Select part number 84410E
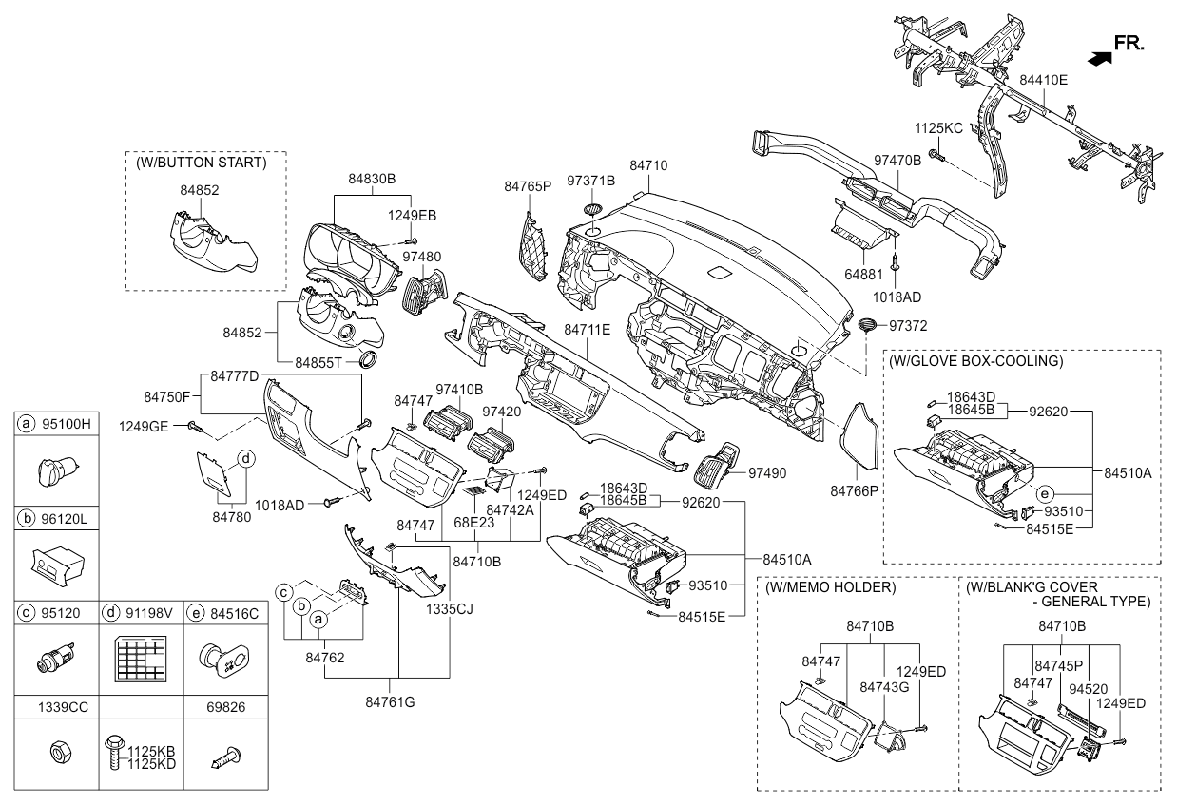(x=1043, y=80)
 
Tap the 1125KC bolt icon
(x=936, y=154)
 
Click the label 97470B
(x=897, y=161)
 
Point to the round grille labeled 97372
(x=867, y=326)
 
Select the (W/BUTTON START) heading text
(x=201, y=163)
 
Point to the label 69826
(x=224, y=708)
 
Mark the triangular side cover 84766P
(x=859, y=436)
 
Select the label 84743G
(x=883, y=686)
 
